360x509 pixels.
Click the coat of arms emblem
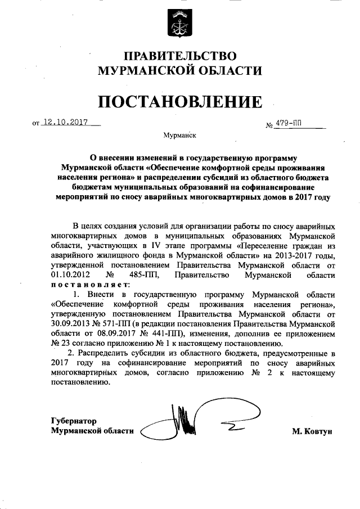pos(179,22)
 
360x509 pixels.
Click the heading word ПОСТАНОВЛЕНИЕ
pos(180,102)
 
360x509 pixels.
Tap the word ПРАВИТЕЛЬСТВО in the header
pos(180,56)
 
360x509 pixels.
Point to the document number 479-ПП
pos(290,123)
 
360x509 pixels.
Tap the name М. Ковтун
pos(313,431)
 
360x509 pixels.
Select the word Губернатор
pos(74,421)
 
